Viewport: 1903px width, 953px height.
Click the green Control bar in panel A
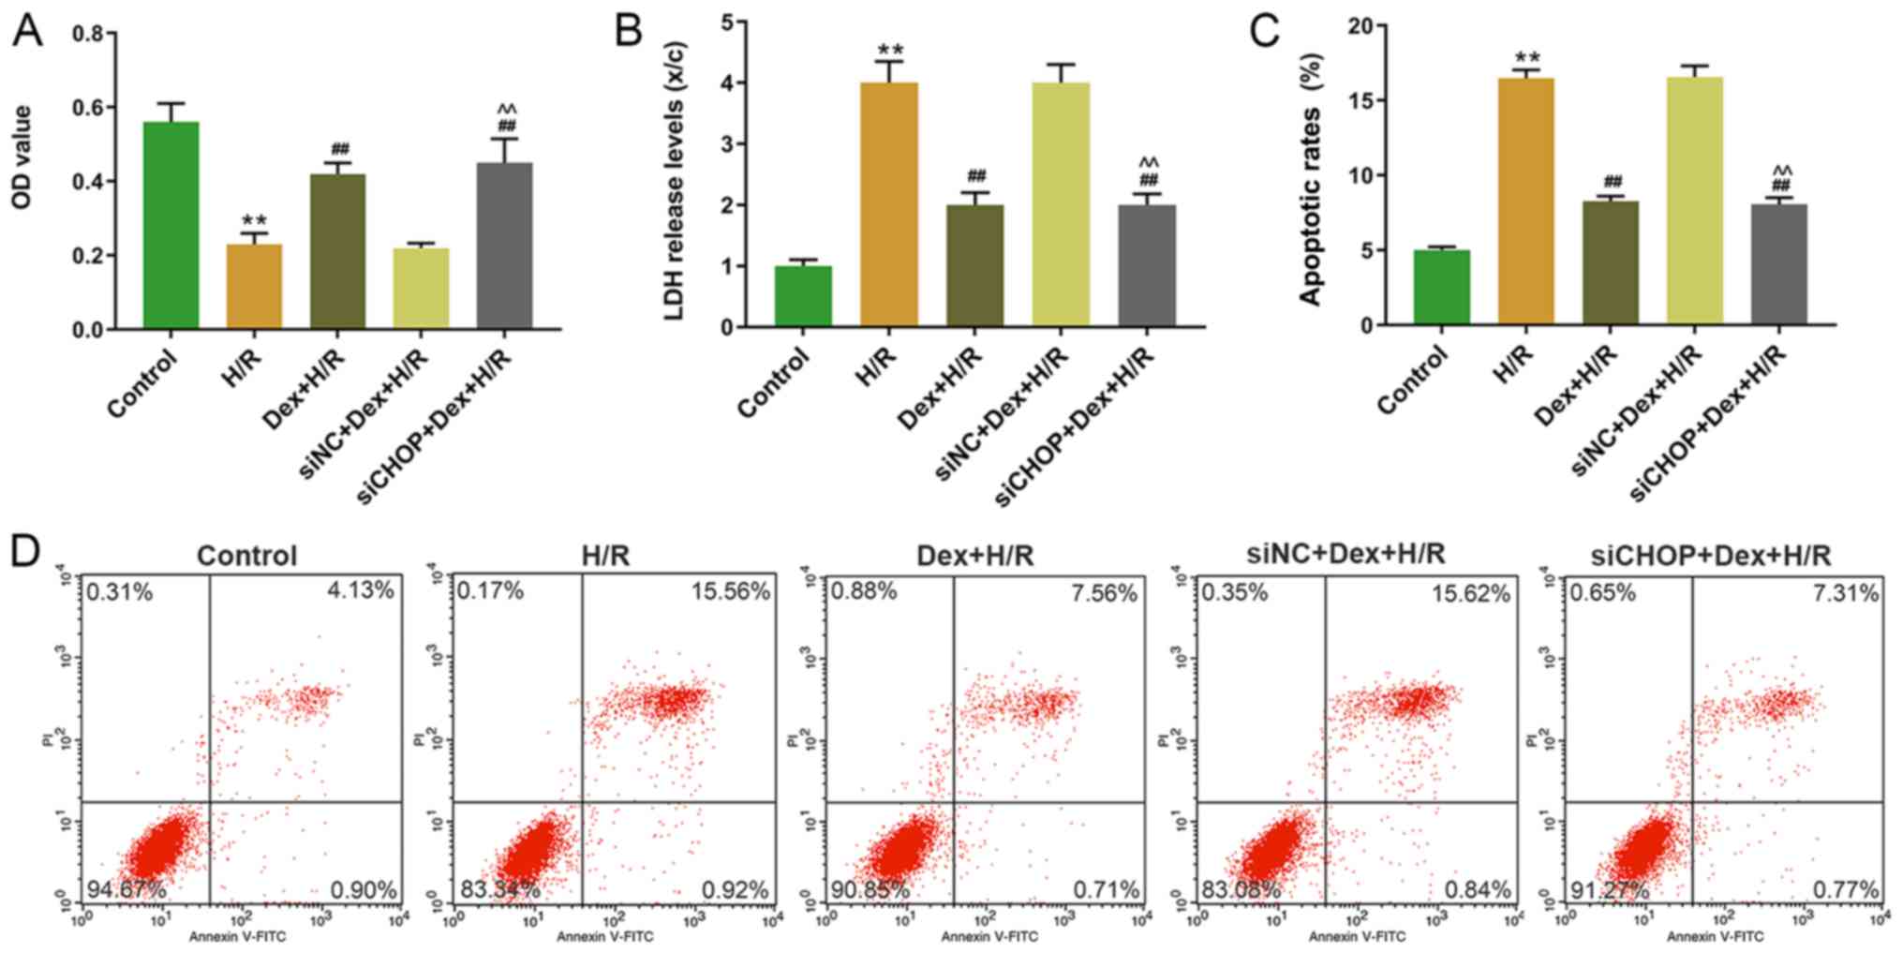click(x=171, y=225)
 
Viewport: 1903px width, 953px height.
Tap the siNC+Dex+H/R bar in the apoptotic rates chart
click(x=1694, y=201)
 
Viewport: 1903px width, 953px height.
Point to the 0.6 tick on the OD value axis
click(x=90, y=108)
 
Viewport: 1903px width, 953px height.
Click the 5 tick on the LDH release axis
click(x=727, y=22)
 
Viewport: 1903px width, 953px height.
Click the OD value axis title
click(x=22, y=156)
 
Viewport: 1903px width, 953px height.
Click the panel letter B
click(x=628, y=30)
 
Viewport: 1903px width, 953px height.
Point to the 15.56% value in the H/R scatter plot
click(x=731, y=592)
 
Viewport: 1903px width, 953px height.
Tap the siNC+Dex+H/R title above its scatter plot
click(x=1346, y=554)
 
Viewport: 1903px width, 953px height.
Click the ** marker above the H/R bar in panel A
click(x=254, y=221)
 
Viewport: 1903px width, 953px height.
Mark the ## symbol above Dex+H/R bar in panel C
click(x=1613, y=182)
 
